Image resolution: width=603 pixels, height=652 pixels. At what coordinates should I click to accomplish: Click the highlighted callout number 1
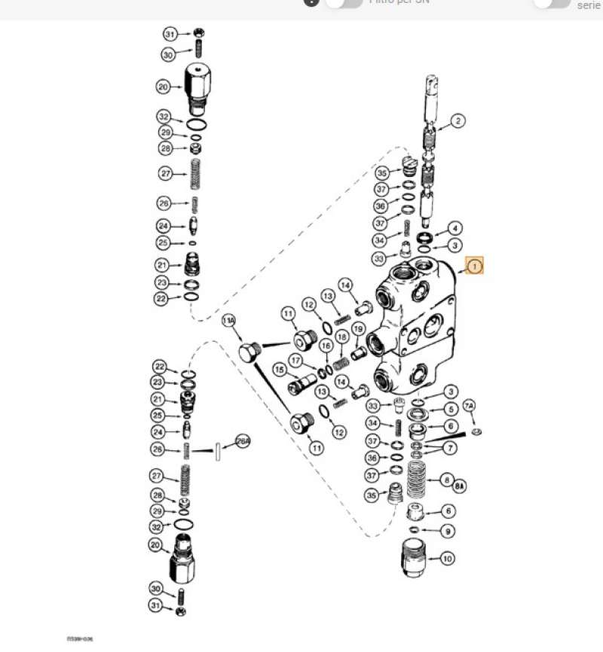[x=473, y=266]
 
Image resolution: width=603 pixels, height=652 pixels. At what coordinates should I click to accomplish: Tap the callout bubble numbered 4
[x=455, y=228]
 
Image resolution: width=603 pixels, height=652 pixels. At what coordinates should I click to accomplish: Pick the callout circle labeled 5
[x=451, y=409]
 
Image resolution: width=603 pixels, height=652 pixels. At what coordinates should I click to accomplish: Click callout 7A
[x=469, y=407]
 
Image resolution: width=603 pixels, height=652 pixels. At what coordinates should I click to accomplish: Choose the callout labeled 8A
[x=458, y=487]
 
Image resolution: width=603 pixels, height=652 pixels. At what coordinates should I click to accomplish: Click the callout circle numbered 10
[x=448, y=559]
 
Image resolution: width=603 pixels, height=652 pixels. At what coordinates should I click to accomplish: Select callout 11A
[x=229, y=321]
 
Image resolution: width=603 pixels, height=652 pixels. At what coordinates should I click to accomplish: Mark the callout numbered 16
[x=325, y=346]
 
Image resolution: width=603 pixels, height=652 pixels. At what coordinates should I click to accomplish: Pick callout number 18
[x=341, y=341]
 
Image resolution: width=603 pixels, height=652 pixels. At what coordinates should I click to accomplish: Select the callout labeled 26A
[x=242, y=442]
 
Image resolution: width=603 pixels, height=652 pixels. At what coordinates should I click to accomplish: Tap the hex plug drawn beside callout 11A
[x=249, y=351]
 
